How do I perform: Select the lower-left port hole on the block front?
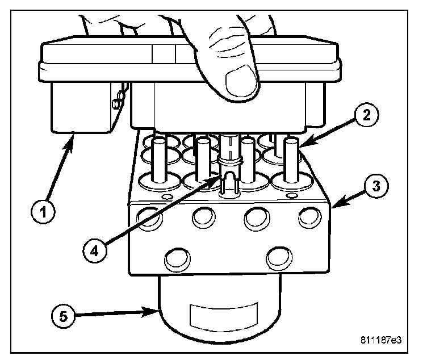pos(175,259)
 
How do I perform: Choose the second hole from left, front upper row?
pos(203,216)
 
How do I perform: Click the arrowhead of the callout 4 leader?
pos(217,177)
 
